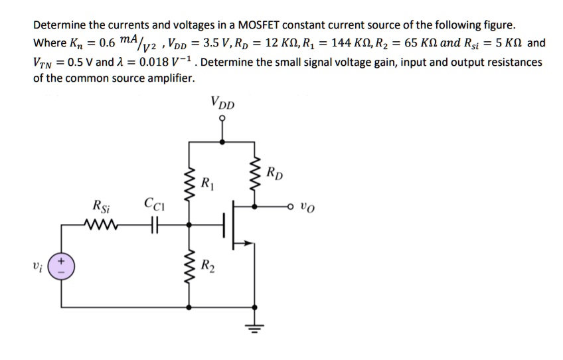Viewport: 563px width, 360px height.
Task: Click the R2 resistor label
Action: coord(208,268)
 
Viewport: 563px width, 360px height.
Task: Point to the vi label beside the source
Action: coord(39,268)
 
